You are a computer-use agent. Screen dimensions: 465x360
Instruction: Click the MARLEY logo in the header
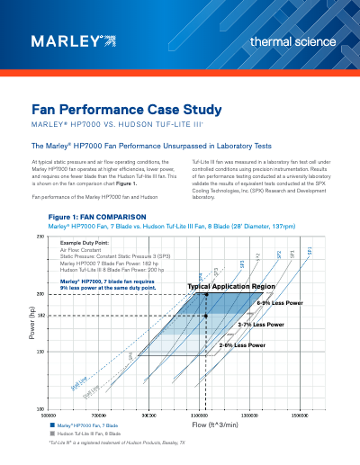pyautogui.click(x=73, y=40)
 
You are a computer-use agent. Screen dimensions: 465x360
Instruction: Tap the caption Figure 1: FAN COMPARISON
pyautogui.click(x=93, y=217)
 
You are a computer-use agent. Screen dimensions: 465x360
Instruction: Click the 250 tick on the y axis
pyautogui.click(x=40, y=236)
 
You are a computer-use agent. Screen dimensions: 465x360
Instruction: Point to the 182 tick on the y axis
pyautogui.click(x=40, y=316)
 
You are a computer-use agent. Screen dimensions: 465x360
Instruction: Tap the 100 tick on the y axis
pyautogui.click(x=40, y=408)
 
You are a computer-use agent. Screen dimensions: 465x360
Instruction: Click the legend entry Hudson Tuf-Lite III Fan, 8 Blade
pyautogui.click(x=92, y=433)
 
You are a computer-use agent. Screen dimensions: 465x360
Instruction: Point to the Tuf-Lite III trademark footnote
pyautogui.click(x=117, y=443)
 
